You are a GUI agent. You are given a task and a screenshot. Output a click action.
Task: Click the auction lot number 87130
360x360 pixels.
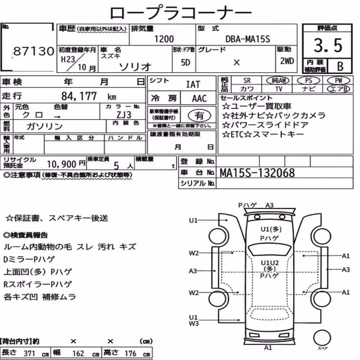(33, 51)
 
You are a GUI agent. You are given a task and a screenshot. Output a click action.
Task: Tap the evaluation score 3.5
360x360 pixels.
(328, 45)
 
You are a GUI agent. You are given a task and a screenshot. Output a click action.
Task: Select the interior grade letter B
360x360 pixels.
(340, 67)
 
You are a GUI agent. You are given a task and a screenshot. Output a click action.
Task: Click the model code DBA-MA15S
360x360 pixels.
(248, 39)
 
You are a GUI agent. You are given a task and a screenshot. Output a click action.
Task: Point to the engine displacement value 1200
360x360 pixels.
(164, 39)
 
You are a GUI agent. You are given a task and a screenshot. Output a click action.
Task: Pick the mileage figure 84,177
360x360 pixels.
(79, 96)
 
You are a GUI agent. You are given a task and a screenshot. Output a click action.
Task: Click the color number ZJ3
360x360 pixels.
(124, 114)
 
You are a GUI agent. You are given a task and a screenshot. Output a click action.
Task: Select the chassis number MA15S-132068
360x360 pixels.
(257, 173)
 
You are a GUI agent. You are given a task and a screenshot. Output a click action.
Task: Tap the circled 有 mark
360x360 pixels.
(199, 116)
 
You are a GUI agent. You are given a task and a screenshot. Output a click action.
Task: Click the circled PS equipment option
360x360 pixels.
(309, 81)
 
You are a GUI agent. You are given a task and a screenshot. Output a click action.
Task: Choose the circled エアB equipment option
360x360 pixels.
(338, 89)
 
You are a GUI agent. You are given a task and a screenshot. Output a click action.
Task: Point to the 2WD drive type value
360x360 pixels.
(287, 61)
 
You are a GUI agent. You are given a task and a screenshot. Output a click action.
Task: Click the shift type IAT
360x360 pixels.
(193, 85)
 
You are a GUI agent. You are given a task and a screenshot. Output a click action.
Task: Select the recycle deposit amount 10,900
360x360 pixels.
(62, 164)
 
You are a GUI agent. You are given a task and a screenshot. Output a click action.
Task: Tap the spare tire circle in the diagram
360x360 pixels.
(322, 338)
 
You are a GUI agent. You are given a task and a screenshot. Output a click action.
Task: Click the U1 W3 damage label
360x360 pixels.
(194, 320)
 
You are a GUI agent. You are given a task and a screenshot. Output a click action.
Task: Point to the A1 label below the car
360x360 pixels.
(268, 348)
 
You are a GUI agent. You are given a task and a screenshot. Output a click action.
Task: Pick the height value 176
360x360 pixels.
(130, 354)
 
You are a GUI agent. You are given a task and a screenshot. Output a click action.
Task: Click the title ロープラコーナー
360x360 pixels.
(181, 13)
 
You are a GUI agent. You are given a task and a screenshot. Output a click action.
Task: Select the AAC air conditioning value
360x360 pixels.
(199, 99)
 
